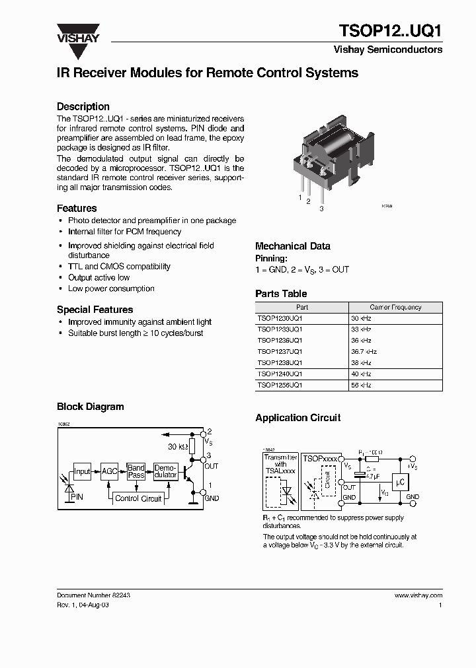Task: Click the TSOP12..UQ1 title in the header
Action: click(390, 31)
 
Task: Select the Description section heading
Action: click(83, 106)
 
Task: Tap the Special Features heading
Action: click(95, 310)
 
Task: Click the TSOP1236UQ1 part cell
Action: click(280, 340)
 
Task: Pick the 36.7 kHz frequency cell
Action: click(364, 351)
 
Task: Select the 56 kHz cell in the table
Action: click(361, 385)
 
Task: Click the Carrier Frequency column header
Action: click(395, 307)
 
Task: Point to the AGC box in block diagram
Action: click(109, 471)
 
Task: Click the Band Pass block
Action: click(136, 471)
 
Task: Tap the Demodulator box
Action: click(165, 471)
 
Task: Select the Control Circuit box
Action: click(138, 498)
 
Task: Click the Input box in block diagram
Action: click(82, 471)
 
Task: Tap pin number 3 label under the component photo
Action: click(321, 209)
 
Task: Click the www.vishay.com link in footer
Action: click(418, 595)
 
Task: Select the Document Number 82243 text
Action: click(93, 595)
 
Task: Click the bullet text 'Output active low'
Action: click(99, 278)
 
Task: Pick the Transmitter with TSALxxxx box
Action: click(280, 479)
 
